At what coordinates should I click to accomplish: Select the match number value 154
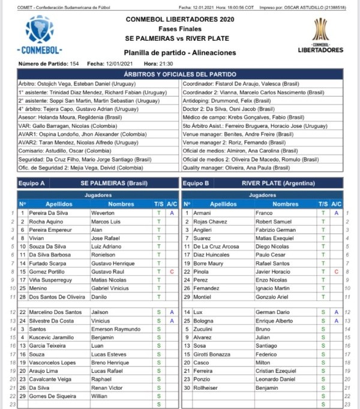click(x=74, y=63)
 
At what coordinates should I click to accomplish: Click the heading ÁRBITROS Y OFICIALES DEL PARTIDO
click(x=180, y=74)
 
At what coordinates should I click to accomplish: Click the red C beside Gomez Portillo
click(x=172, y=271)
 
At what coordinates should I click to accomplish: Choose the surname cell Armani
click(x=202, y=213)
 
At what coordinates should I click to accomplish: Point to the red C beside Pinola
click(x=336, y=271)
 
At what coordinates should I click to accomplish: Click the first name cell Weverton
click(x=106, y=213)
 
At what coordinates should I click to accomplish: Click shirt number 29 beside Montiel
click(x=187, y=297)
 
